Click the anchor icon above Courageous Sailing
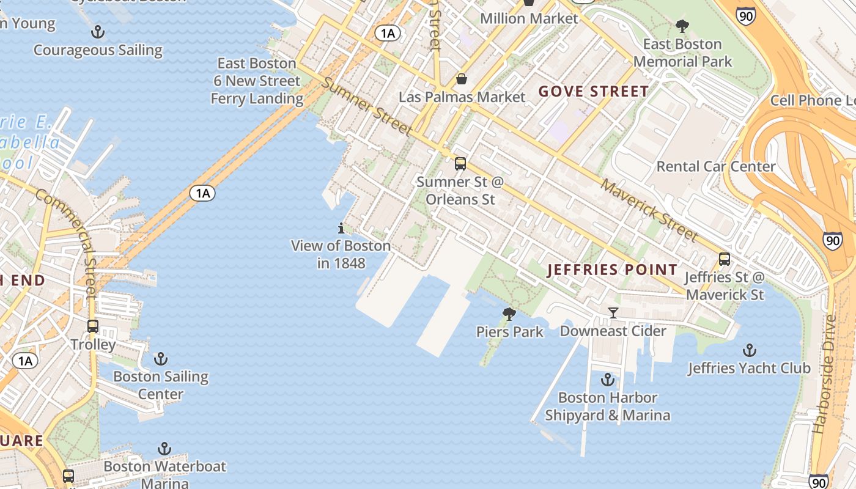pos(97,32)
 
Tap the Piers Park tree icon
pos(509,314)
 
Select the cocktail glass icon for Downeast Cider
pos(613,313)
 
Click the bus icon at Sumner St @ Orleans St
pos(460,164)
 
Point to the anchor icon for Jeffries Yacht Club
pos(749,351)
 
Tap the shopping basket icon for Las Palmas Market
pos(462,79)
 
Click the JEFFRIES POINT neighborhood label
pos(612,270)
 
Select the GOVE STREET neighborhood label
pos(593,92)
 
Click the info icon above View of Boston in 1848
pos(341,229)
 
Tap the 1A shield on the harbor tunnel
pos(202,194)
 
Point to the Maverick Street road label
pos(649,209)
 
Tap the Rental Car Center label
pos(715,166)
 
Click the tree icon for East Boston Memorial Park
pos(682,26)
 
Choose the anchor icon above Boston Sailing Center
pos(161,359)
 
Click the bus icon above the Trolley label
pos(93,326)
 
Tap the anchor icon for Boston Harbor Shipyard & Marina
pos(607,380)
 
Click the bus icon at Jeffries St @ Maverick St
pos(725,259)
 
